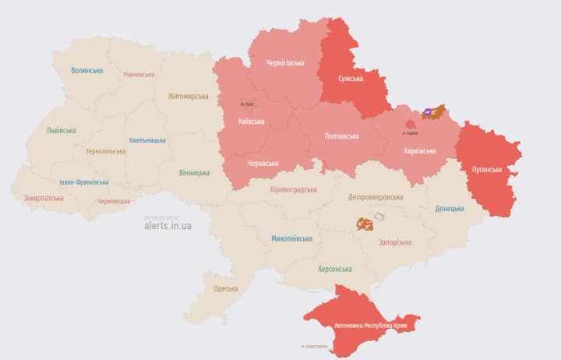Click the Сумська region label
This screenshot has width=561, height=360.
(355, 79)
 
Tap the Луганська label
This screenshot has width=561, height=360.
(488, 169)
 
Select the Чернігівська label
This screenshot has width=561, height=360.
(285, 62)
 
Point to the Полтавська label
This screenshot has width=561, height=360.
(341, 136)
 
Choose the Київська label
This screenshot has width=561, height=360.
(251, 122)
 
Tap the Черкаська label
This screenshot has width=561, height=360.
(264, 164)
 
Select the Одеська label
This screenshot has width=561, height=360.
(226, 288)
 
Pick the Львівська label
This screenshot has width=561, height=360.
(61, 130)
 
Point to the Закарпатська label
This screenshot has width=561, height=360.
(44, 198)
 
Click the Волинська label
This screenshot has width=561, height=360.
(86, 70)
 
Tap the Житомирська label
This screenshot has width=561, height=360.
(188, 97)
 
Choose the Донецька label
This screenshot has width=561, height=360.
(450, 208)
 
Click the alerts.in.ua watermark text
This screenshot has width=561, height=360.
(168, 226)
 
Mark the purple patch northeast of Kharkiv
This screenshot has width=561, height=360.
(428, 114)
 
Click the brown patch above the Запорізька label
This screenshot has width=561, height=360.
(364, 224)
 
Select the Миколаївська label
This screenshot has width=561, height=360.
(292, 238)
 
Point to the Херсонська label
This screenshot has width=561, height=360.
(334, 269)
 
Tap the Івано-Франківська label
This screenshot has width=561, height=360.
(84, 182)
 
